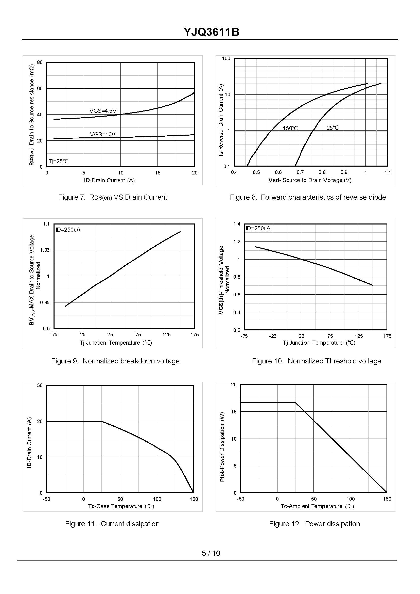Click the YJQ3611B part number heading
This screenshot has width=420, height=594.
tap(211, 32)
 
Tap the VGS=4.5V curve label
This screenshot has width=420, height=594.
tap(103, 111)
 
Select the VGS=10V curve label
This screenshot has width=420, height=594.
tap(103, 134)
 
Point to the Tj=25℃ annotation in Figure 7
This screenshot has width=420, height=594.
tap(59, 161)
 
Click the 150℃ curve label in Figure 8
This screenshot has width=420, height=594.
tap(290, 128)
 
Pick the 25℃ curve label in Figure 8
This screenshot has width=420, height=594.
tap(332, 128)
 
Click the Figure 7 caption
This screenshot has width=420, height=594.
tap(113, 197)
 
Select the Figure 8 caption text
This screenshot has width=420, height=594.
tap(308, 197)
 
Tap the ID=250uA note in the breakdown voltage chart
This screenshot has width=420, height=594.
tap(68, 230)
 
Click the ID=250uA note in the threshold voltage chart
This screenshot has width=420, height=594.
tap(258, 228)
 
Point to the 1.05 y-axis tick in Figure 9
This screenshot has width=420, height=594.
tap(45, 250)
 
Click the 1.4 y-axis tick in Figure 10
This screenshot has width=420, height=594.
tap(237, 224)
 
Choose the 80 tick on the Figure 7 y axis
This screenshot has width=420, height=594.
tap(40, 62)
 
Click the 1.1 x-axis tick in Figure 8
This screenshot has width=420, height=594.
tap(388, 172)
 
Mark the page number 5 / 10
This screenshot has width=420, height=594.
tap(211, 553)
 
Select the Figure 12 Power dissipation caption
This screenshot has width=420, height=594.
tap(314, 524)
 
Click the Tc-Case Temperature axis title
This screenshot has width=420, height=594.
tap(121, 506)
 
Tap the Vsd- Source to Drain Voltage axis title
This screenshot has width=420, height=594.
tap(310, 180)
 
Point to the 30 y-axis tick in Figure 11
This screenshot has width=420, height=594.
tap(40, 385)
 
